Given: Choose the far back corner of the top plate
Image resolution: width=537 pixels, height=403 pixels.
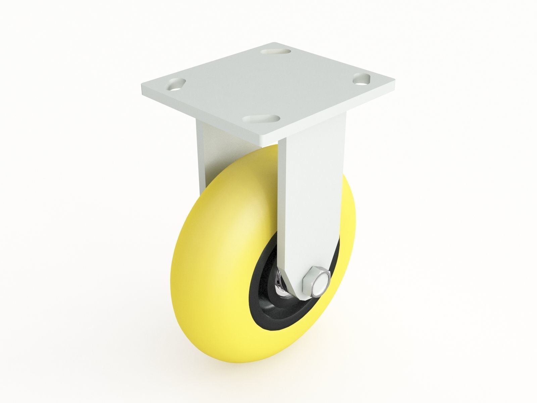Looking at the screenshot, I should (275, 43).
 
